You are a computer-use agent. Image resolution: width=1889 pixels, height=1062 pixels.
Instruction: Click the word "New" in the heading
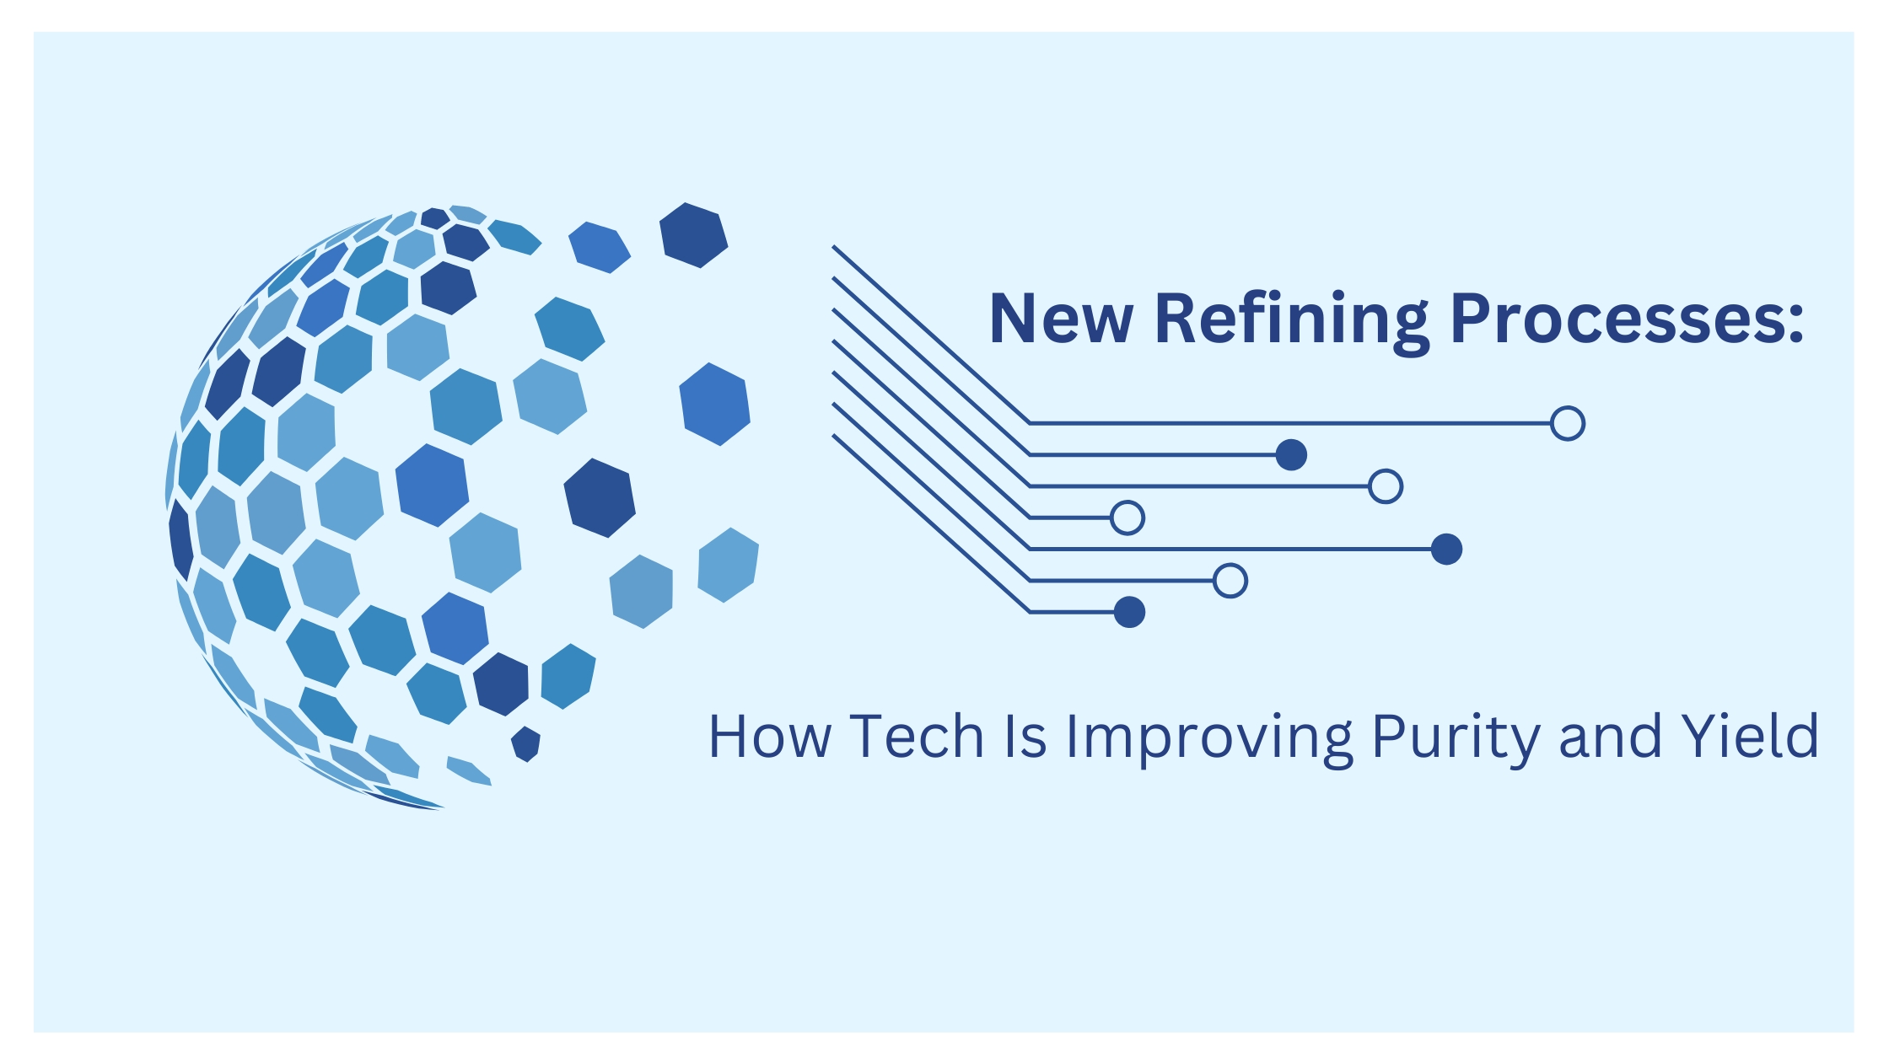pos(1061,319)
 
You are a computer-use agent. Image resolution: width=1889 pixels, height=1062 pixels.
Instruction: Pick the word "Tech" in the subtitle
pos(918,737)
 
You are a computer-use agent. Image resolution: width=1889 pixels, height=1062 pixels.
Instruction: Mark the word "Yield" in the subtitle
pos(1751,737)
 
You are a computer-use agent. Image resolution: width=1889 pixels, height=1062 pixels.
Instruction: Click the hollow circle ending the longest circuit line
pos(1568,423)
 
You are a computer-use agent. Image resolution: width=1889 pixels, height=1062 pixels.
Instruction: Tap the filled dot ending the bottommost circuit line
pos(1129,612)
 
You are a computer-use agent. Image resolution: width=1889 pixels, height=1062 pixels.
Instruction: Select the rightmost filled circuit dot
pos(1446,549)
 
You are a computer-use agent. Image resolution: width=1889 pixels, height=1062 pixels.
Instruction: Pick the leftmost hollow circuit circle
pos(1127,518)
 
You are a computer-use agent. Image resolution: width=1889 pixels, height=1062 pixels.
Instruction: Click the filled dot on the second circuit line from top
pos(1291,455)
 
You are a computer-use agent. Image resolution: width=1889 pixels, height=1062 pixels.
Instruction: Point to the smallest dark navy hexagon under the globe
pos(525,744)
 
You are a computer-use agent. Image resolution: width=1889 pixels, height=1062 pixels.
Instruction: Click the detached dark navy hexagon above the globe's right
pos(693,235)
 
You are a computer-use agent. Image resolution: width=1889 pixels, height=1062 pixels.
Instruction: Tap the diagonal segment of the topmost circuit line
pos(931,335)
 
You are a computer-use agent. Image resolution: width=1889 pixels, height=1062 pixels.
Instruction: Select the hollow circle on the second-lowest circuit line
pos(1230,581)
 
